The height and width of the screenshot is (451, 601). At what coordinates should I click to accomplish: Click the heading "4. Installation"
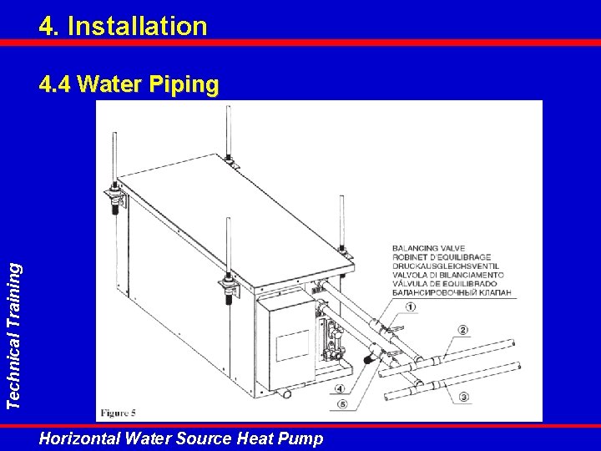point(123,26)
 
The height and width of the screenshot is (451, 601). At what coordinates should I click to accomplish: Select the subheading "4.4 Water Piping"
point(129,84)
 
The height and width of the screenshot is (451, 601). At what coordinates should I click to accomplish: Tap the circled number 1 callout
point(411,307)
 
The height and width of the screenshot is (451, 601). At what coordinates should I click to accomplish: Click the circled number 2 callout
point(463,330)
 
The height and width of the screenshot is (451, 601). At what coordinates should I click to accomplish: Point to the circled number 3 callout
point(464,397)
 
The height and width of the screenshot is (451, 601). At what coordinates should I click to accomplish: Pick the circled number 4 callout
point(340,389)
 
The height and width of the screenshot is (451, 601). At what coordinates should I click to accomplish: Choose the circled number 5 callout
point(342,404)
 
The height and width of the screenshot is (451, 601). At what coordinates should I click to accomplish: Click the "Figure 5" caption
point(118,413)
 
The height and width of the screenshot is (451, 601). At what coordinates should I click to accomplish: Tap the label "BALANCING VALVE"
point(428,248)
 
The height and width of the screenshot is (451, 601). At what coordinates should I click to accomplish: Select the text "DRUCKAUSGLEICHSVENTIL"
point(446,266)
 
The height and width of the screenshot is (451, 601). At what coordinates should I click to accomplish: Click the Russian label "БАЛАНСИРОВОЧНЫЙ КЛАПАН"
point(452,292)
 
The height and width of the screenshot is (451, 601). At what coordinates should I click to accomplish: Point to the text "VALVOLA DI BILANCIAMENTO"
point(448,275)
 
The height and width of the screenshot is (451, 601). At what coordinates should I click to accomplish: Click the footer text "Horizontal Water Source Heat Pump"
point(181,438)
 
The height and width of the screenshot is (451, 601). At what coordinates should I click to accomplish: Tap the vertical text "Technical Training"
point(14,337)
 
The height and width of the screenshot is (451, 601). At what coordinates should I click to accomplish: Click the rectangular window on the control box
point(293,345)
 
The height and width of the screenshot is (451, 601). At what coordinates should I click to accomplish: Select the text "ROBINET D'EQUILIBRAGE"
point(442,257)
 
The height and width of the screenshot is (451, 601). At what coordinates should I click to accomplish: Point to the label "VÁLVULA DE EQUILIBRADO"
point(445,284)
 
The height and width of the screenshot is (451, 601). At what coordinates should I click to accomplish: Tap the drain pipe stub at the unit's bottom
point(285,393)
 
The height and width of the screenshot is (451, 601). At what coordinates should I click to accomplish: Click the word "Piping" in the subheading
point(184,84)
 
